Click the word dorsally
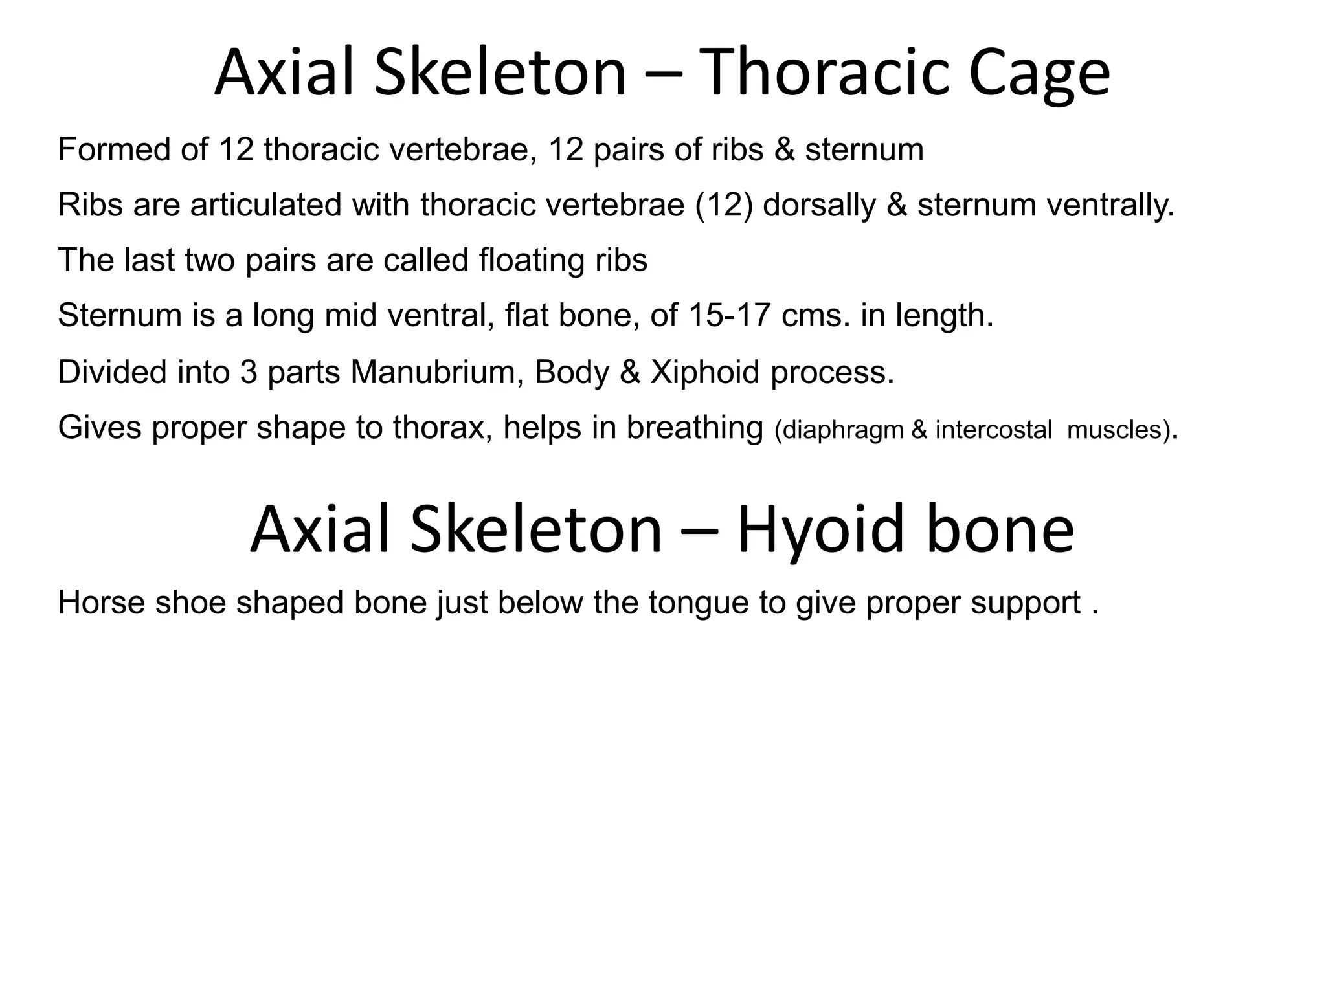(x=819, y=205)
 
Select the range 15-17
(x=730, y=316)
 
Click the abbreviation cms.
(x=816, y=316)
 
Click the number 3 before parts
(x=249, y=372)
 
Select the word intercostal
(x=994, y=430)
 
